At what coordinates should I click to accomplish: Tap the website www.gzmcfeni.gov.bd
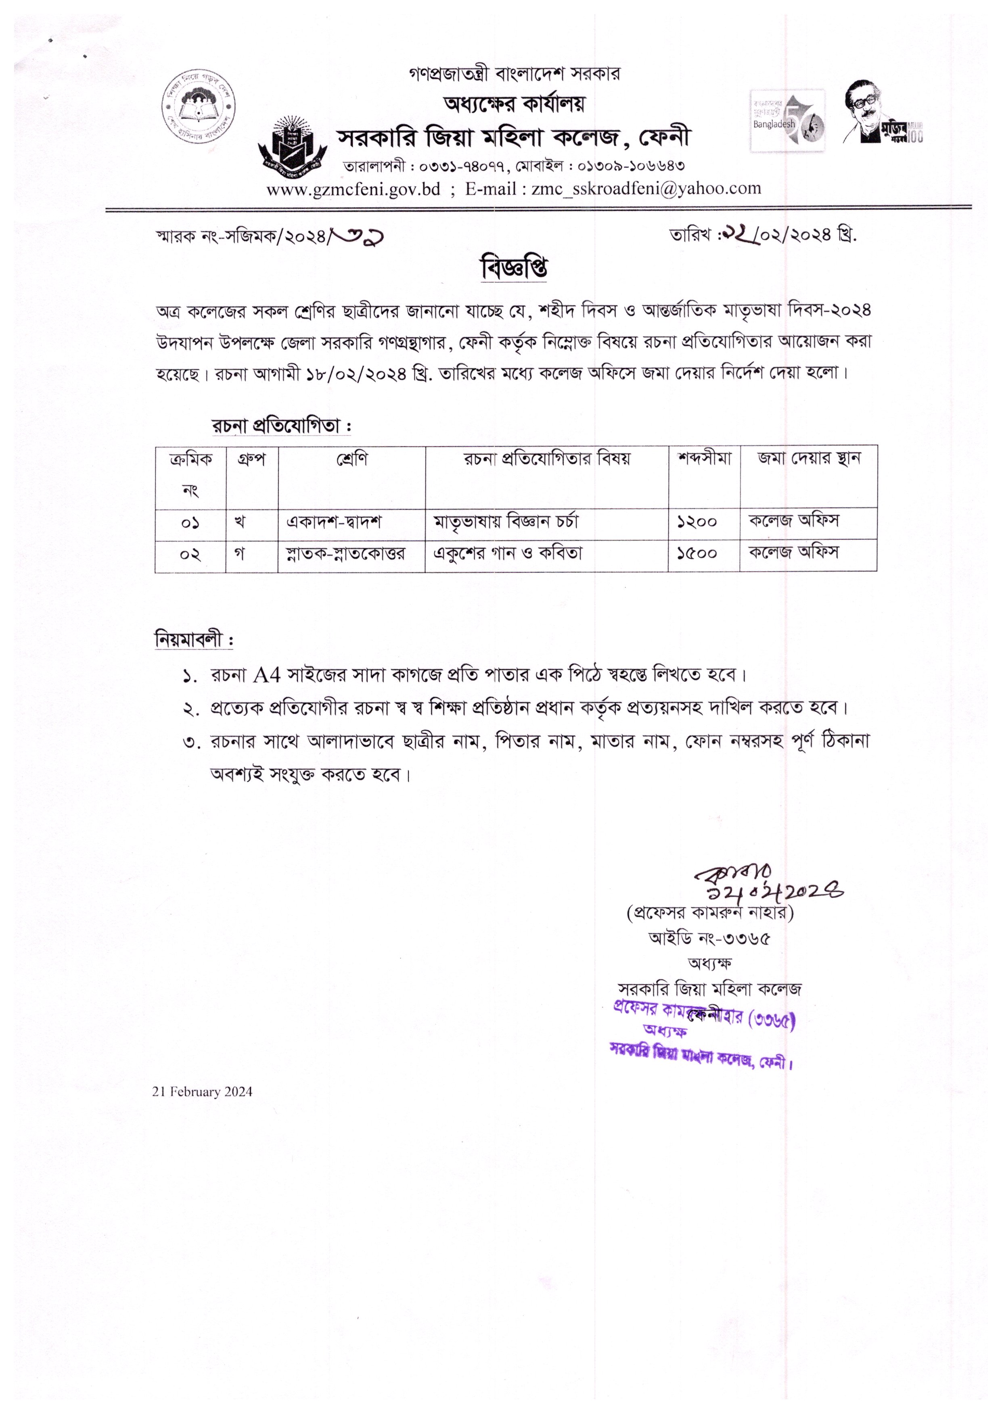click(353, 189)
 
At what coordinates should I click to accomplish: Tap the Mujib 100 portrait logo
click(882, 113)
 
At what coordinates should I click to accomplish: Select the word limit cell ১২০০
click(697, 522)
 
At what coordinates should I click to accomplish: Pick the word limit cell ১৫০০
click(697, 554)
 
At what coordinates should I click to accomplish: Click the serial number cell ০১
click(190, 523)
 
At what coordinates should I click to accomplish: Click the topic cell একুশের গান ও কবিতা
click(508, 553)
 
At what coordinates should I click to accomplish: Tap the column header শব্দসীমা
click(705, 459)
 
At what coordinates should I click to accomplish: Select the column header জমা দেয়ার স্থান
click(809, 459)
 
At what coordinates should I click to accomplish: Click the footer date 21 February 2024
click(202, 1092)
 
